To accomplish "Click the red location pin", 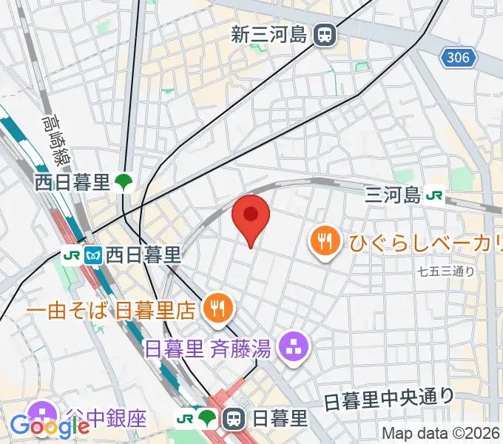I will (x=251, y=216).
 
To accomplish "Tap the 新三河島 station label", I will (x=269, y=34).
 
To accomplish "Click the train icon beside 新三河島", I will (x=323, y=34).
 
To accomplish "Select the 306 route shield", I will (x=459, y=57).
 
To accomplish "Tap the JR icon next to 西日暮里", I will (x=72, y=255).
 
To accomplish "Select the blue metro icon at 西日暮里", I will (x=92, y=255).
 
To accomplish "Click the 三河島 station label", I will (x=393, y=195).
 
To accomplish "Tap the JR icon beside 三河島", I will (x=436, y=195).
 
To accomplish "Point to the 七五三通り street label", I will (x=445, y=272).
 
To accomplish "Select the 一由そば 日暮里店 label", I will (x=111, y=309).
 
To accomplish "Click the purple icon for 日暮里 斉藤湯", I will (x=294, y=346).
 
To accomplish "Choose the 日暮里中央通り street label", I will (x=389, y=399).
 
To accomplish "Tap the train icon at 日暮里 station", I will (x=234, y=420).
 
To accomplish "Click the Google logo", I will (x=50, y=425).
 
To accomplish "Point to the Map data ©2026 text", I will (x=441, y=434).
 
